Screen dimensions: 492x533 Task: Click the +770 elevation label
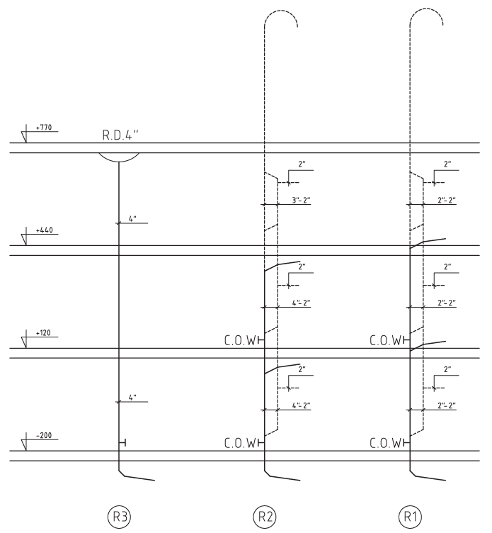[44, 128]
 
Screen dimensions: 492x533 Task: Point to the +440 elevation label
[45, 230]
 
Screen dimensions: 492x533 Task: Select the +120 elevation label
[43, 333]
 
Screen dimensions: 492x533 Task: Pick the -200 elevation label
[44, 435]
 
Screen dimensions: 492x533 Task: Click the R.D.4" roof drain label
[120, 135]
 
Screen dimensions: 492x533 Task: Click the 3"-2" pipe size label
[302, 200]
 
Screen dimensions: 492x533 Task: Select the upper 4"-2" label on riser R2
[302, 303]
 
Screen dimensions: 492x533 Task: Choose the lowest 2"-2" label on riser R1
[447, 405]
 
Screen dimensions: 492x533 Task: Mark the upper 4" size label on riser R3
[132, 219]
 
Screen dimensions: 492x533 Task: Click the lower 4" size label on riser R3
[132, 398]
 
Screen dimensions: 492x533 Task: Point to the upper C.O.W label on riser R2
[240, 340]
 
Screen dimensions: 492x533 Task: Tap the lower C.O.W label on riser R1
[385, 443]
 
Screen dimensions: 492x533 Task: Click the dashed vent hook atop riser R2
[281, 11]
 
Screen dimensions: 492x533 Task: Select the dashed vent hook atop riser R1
[426, 9]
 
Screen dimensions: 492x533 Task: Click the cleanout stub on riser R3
[122, 442]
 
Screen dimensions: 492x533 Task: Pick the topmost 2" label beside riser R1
[447, 164]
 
